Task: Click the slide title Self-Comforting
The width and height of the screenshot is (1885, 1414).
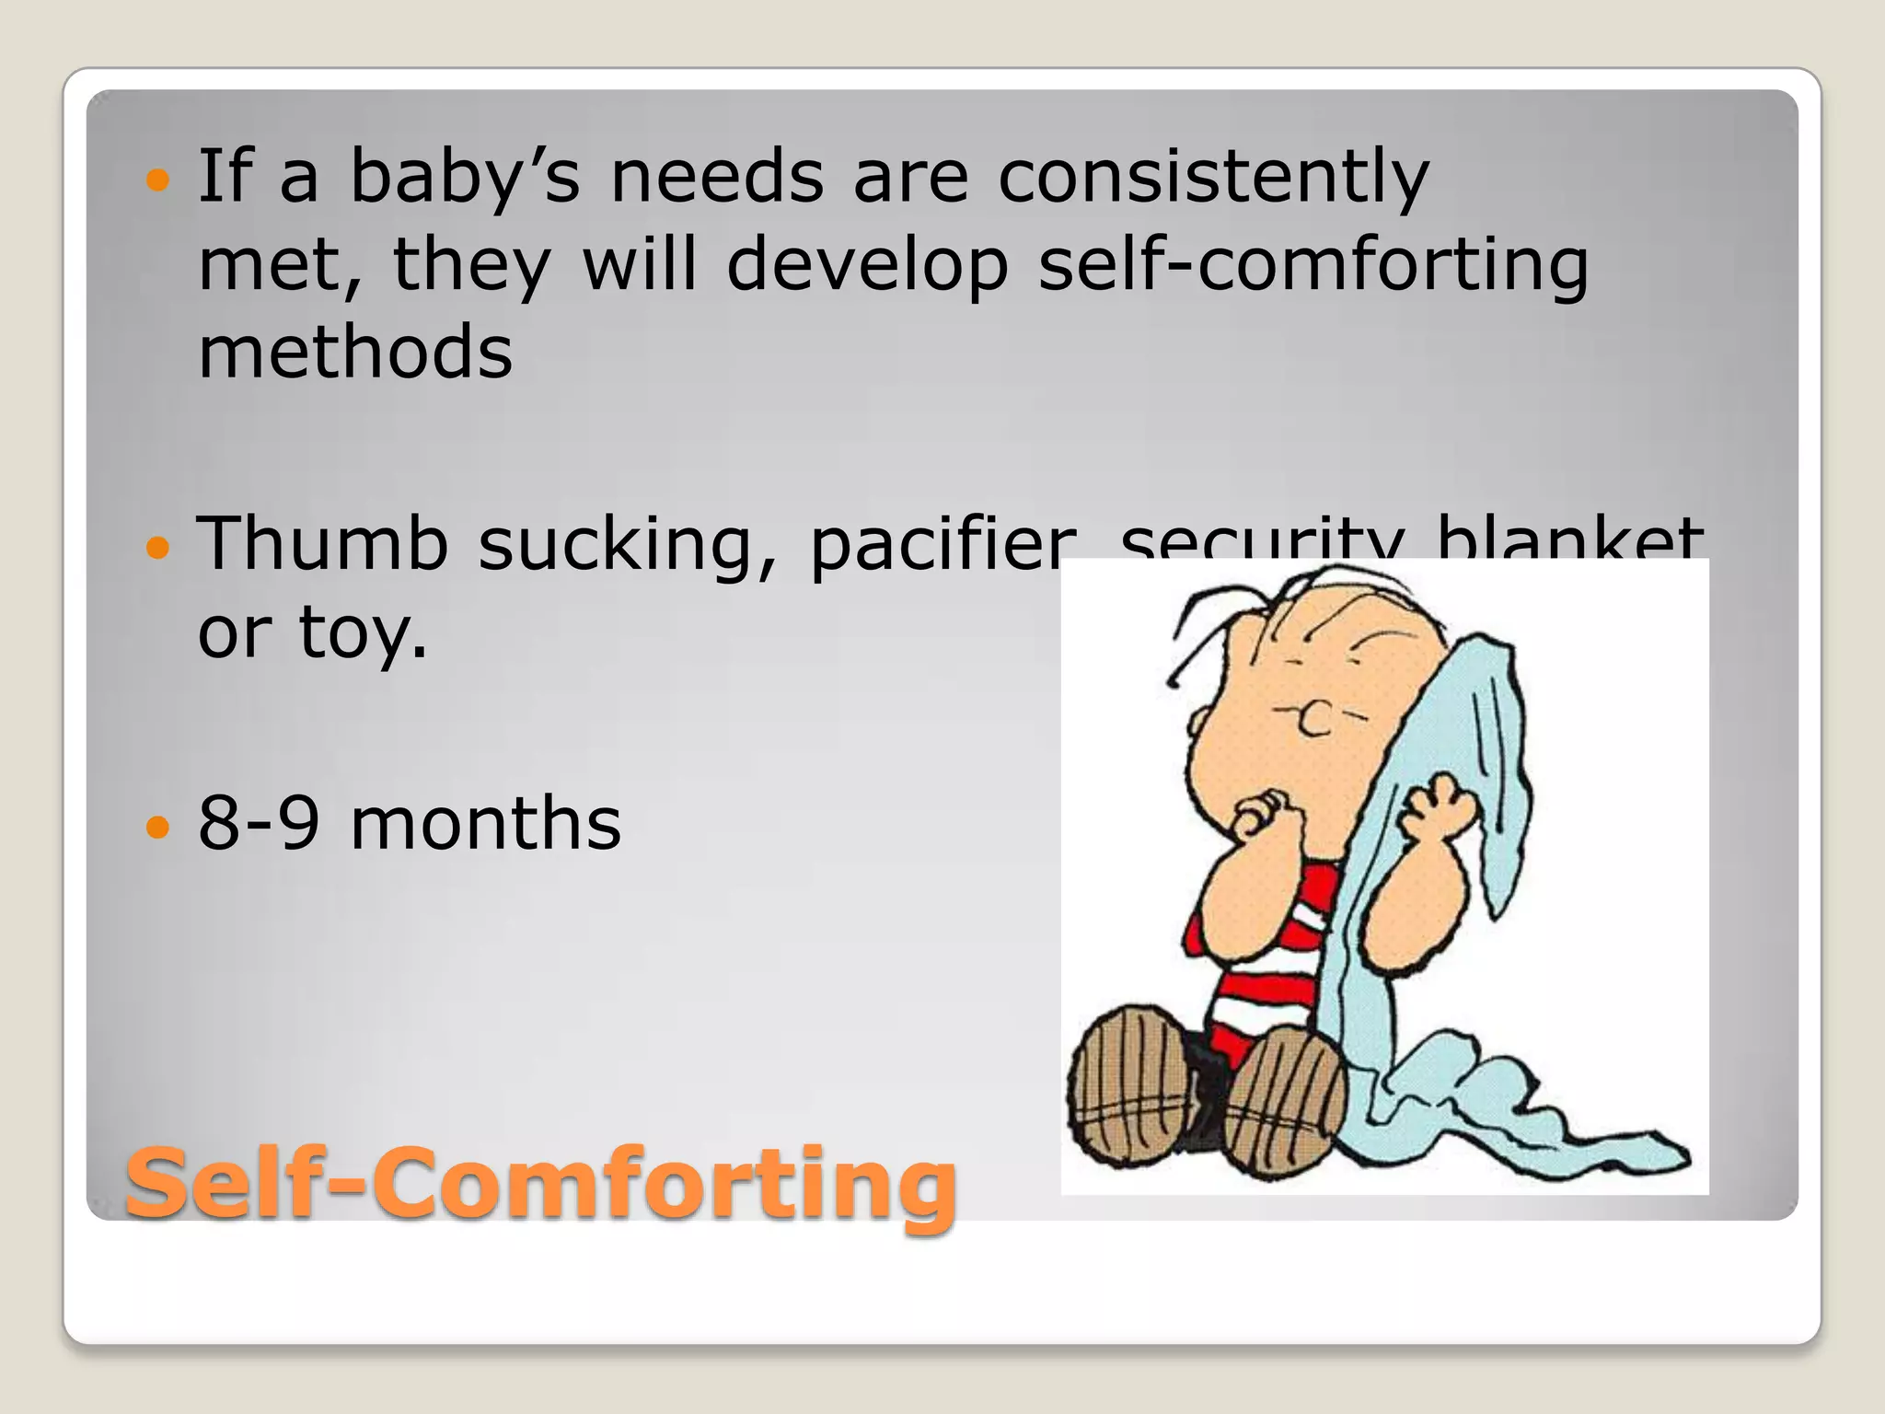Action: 540,1182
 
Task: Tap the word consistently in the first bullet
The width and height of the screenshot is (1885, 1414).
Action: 1213,177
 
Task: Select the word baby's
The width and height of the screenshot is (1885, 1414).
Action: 465,177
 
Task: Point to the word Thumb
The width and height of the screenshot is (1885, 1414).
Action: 322,543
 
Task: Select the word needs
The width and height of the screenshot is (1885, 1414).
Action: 717,177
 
